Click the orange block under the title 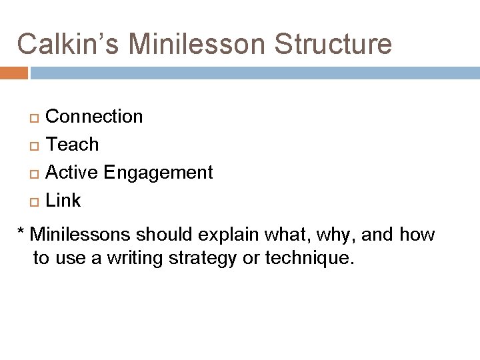[x=13, y=72]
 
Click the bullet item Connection [x=94, y=117]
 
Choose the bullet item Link [x=63, y=201]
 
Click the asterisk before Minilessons [x=22, y=233]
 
